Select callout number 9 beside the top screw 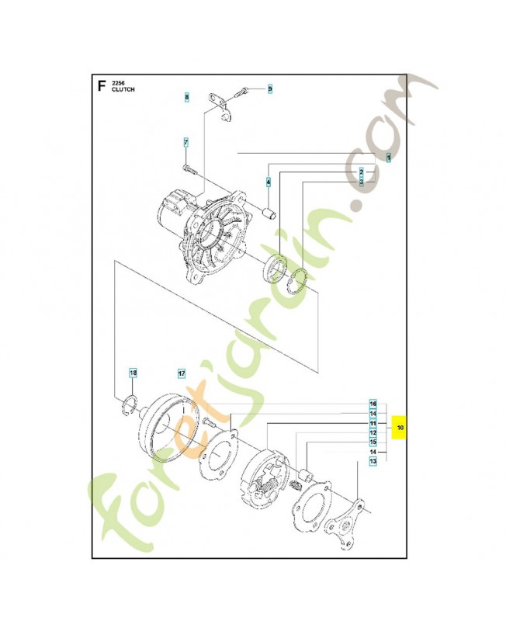pyautogui.click(x=270, y=89)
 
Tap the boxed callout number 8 pyautogui.click(x=186, y=97)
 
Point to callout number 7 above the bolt pyautogui.click(x=186, y=142)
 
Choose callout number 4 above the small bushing pyautogui.click(x=269, y=182)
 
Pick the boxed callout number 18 pyautogui.click(x=133, y=373)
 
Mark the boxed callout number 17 pyautogui.click(x=181, y=373)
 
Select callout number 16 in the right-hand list pyautogui.click(x=373, y=404)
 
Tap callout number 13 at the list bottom pyautogui.click(x=373, y=461)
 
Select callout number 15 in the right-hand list pyautogui.click(x=373, y=442)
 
